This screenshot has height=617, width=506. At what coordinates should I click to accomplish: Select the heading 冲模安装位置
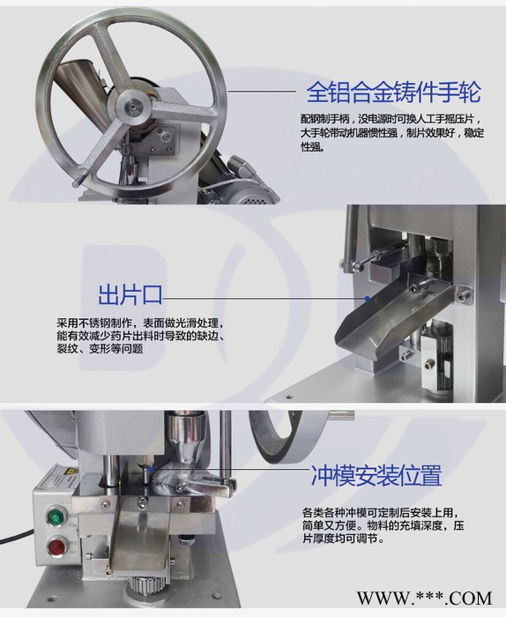point(376,477)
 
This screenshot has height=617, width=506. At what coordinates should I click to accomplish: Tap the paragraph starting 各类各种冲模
point(380,527)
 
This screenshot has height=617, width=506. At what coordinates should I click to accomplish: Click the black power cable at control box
point(16,536)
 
